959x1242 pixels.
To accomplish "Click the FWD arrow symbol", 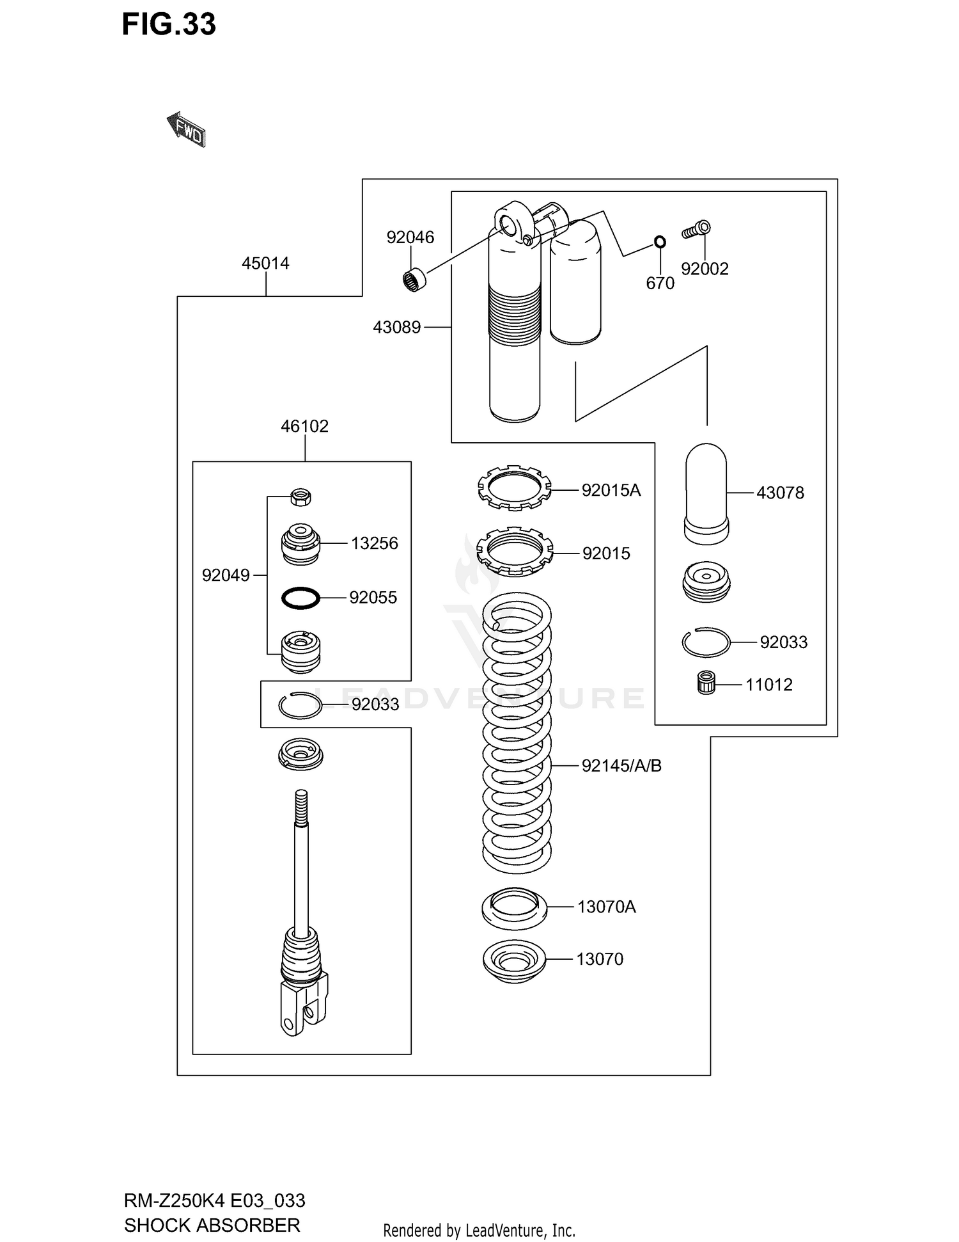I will click(x=186, y=130).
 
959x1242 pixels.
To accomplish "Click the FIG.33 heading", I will click(x=169, y=24).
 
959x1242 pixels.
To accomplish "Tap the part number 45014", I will click(x=265, y=263).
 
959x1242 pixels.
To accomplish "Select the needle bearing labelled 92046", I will click(x=414, y=280).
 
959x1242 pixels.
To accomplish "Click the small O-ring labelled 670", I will click(x=660, y=242).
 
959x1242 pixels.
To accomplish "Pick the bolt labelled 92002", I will click(x=696, y=230).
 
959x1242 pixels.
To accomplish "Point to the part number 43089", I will click(x=396, y=328).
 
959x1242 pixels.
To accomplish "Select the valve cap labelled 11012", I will click(x=706, y=683).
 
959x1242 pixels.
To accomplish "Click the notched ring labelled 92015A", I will click(x=514, y=488).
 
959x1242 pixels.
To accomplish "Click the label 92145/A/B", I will click(x=621, y=765).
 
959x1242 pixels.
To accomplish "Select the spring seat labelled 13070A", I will click(x=514, y=908).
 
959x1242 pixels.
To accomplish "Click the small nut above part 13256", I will click(x=300, y=497).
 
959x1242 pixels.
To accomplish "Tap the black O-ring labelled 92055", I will click(x=300, y=598).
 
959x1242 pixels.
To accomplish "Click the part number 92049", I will click(x=226, y=575).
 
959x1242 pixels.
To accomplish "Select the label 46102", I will click(x=304, y=426).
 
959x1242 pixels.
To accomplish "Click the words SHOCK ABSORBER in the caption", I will click(x=212, y=1225).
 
